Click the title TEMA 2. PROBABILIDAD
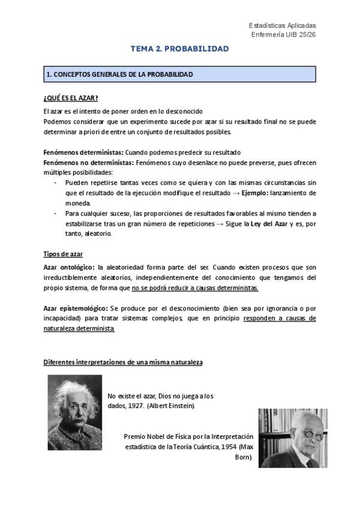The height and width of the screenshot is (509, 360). point(179,49)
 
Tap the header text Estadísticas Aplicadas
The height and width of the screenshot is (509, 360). point(282,26)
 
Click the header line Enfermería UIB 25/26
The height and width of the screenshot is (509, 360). point(283,35)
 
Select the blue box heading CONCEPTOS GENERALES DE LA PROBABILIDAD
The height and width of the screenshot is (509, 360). point(120,74)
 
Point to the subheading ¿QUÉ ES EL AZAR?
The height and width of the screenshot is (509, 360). point(71,98)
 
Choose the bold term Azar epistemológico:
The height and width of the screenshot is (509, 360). point(75,308)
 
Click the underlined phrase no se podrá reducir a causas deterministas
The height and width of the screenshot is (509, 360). point(195,288)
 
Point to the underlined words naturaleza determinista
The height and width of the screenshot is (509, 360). point(79,329)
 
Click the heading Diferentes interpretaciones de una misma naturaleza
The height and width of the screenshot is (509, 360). point(123,363)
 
